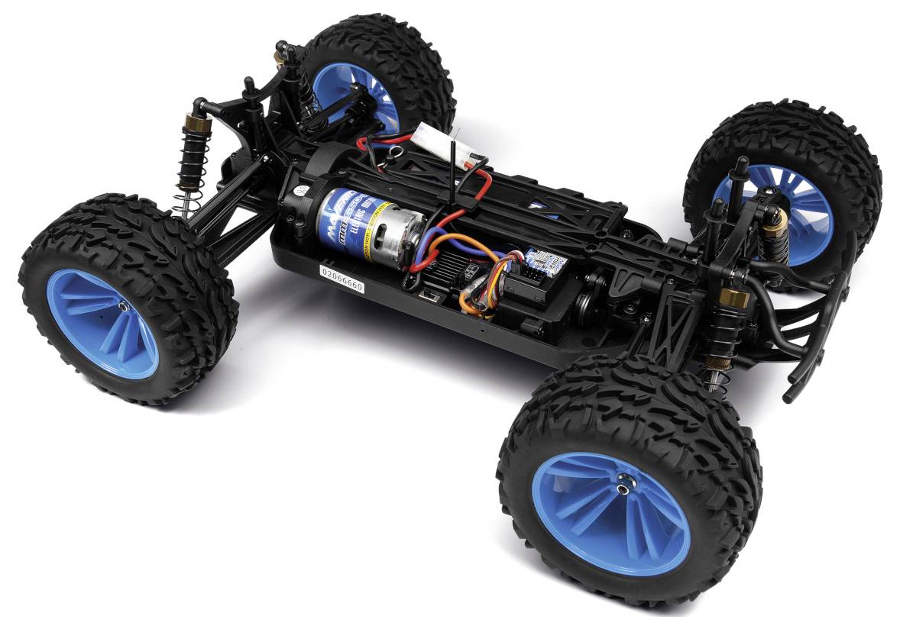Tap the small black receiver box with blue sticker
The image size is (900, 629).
click(x=543, y=267)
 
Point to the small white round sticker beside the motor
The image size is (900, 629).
click(x=301, y=192)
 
